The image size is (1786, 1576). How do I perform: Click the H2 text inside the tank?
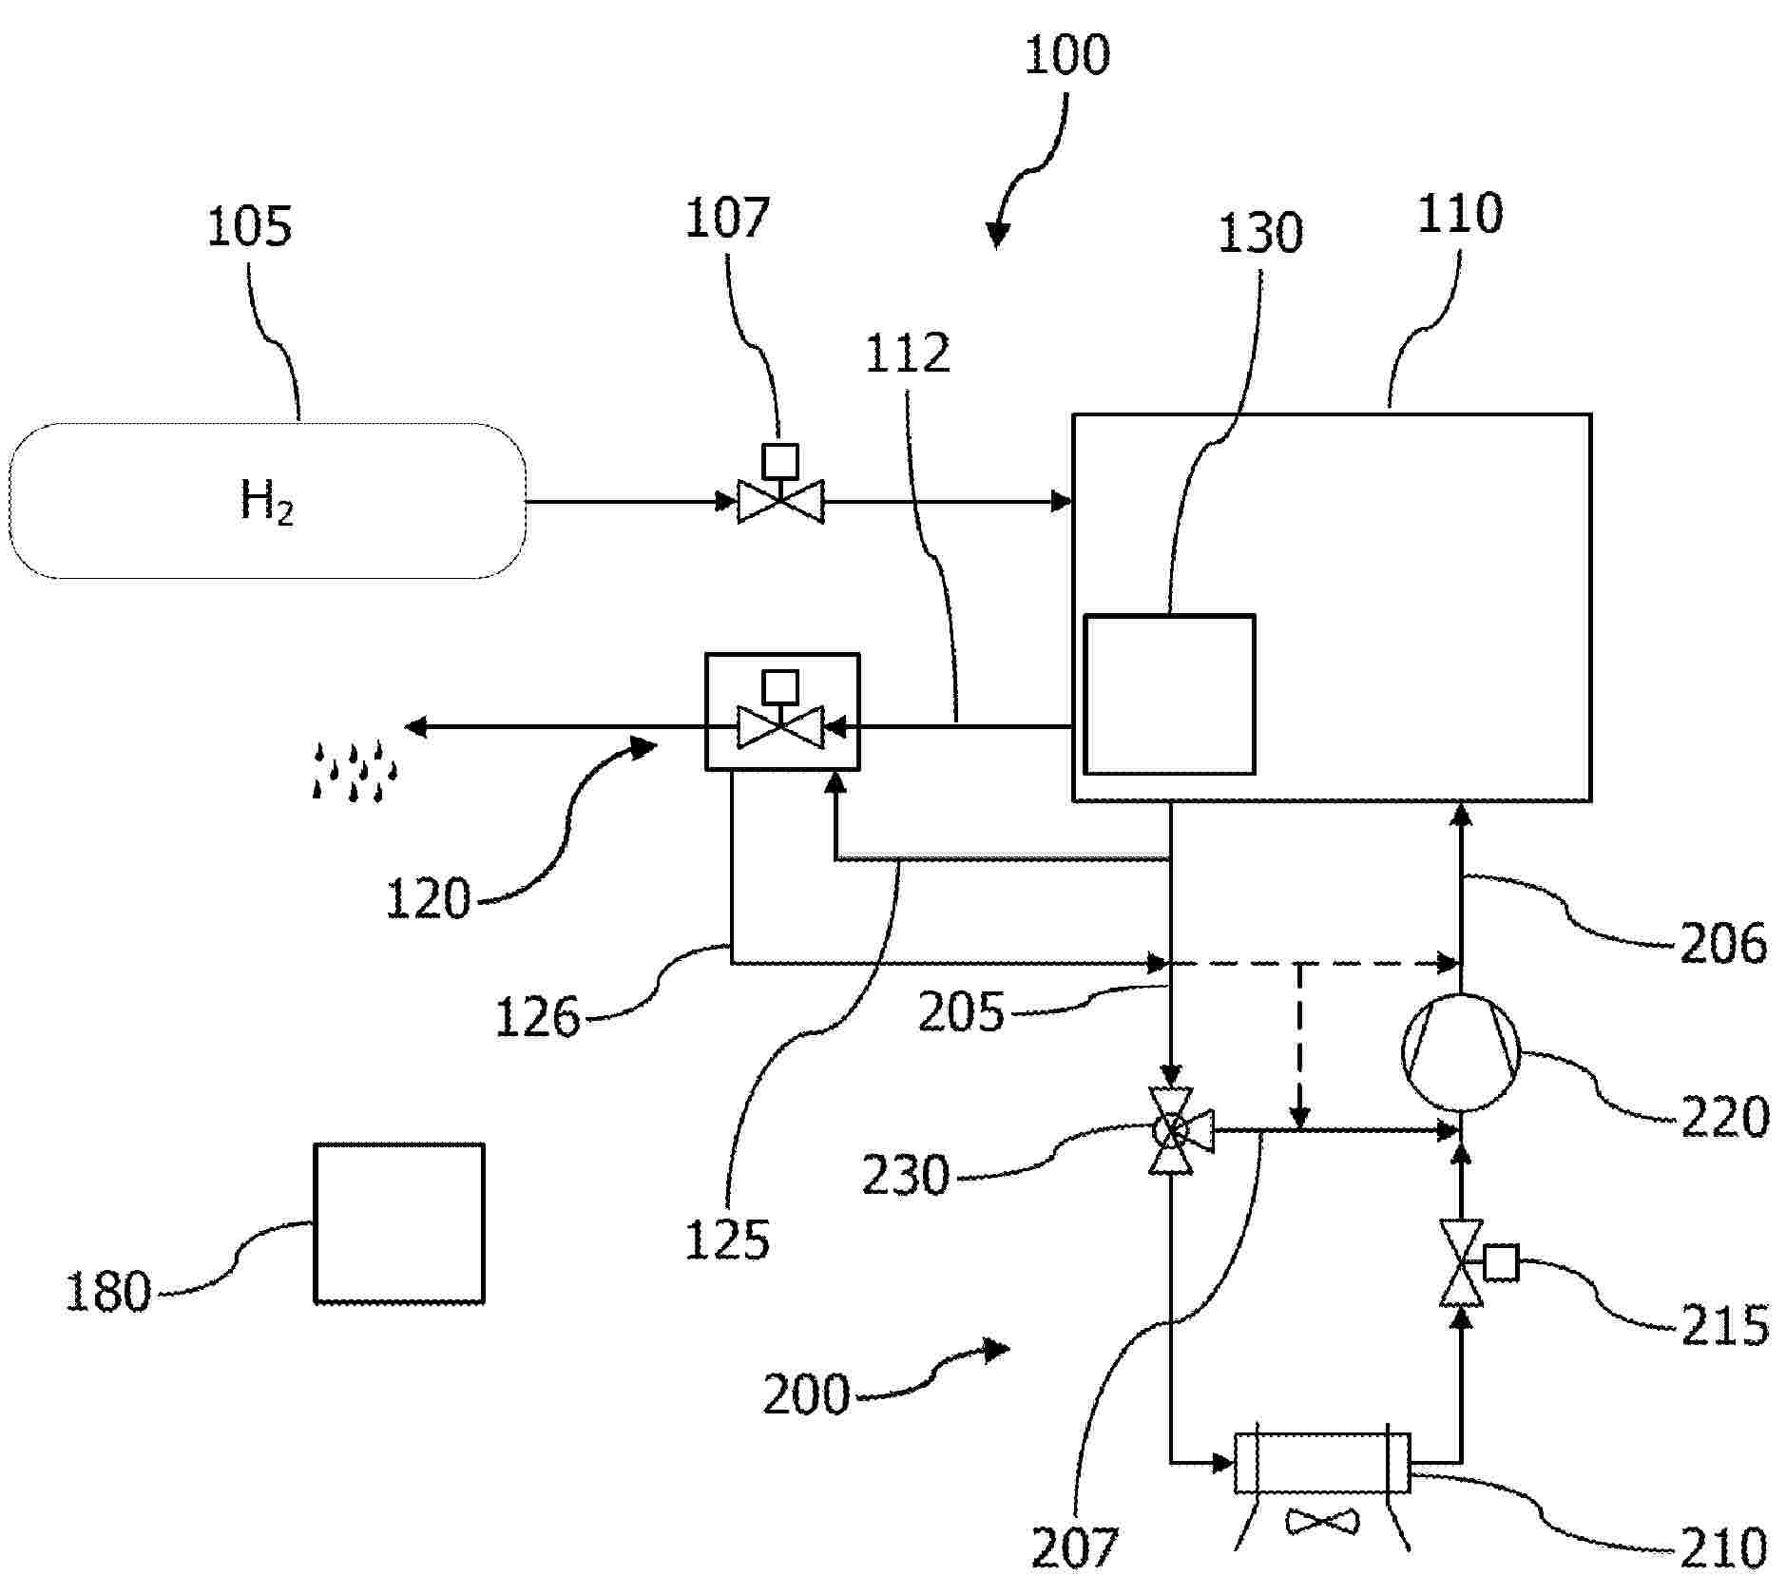tap(266, 502)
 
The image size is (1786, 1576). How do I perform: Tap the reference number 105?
tap(249, 228)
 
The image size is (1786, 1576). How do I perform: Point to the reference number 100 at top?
tap(1066, 55)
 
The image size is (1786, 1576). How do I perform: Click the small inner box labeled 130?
tap(1169, 695)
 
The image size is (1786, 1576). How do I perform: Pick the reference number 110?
tap(1460, 214)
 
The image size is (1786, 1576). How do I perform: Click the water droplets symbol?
tap(355, 770)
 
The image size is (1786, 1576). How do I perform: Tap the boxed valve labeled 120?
tap(781, 712)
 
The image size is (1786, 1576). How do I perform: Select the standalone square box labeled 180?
tap(399, 1222)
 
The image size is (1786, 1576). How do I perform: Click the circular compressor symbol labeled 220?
tap(1461, 1052)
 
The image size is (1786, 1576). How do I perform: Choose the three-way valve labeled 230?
tap(1173, 1130)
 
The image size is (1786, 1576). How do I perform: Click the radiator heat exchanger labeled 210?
tap(1321, 1463)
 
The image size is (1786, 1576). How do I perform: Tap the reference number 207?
tap(1074, 1547)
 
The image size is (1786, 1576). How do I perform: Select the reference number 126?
tap(537, 1018)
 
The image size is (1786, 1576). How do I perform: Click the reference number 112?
tap(908, 354)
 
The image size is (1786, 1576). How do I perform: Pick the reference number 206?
tap(1723, 944)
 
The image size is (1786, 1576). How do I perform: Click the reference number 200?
tap(806, 1395)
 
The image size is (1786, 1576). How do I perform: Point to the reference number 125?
tap(727, 1240)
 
